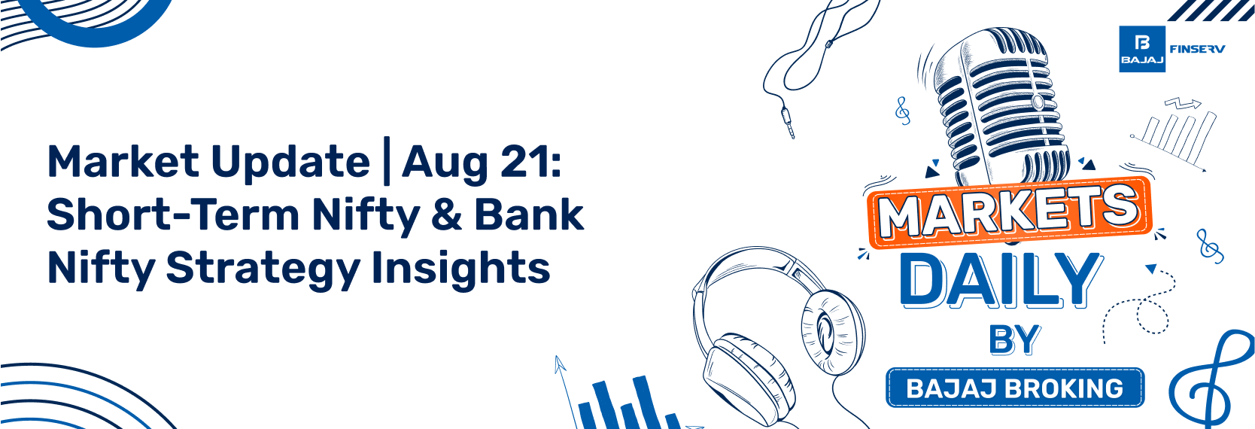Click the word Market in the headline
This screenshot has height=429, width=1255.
click(123, 162)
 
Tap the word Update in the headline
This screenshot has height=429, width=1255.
click(290, 162)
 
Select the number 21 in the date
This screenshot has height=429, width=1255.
click(524, 162)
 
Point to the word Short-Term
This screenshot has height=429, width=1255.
click(173, 214)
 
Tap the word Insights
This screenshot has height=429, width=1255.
click(460, 269)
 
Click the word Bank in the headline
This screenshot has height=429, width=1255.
click(528, 214)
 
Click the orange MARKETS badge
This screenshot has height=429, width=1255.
click(1009, 211)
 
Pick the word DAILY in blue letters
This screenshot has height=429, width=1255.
click(1001, 280)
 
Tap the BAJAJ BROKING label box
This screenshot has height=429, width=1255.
click(1014, 388)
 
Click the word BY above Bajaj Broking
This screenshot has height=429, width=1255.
click(1014, 340)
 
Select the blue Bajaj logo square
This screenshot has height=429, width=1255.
click(1141, 49)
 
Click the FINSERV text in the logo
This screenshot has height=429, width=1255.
click(1197, 49)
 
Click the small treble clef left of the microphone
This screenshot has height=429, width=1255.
click(902, 111)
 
